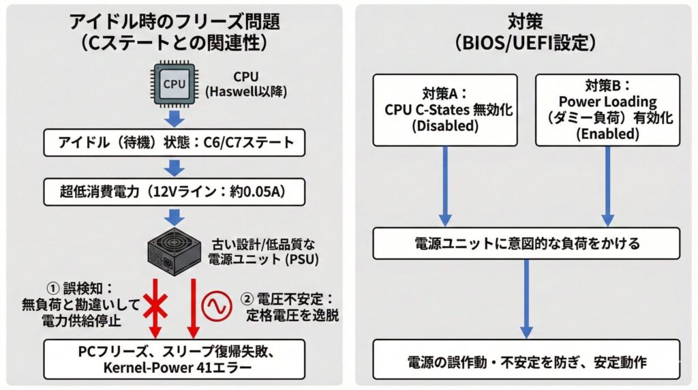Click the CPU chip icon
click(174, 85)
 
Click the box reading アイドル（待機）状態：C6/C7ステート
click(174, 143)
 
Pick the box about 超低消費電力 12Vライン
click(174, 192)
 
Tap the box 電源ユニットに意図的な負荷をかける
click(526, 243)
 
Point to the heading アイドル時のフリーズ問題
click(175, 21)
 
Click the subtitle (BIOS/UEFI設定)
click(526, 43)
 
